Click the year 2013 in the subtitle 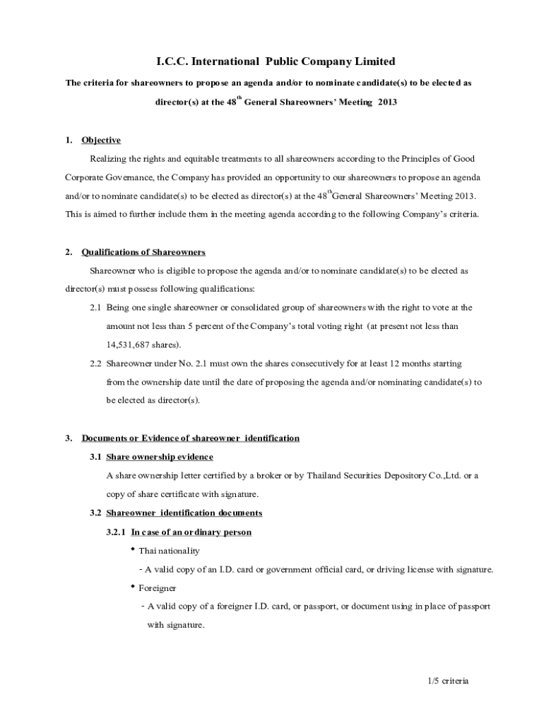point(387,102)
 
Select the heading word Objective point(101,140)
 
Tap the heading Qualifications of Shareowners point(143,251)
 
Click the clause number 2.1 point(95,308)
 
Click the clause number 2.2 point(95,364)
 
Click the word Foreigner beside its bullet point(158,587)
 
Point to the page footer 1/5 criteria point(449,681)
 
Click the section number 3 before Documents point(68,438)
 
